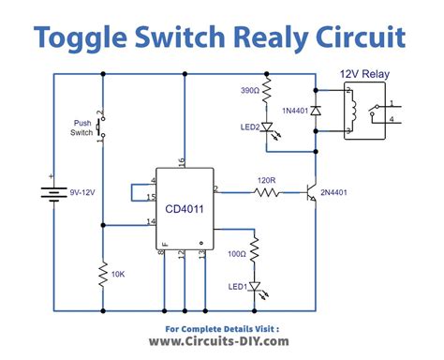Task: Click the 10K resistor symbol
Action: coord(102,276)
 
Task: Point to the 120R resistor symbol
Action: coord(265,192)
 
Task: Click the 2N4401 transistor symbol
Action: coord(305,192)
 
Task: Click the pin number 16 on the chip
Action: coord(181,163)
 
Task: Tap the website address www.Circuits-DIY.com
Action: coord(221,343)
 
